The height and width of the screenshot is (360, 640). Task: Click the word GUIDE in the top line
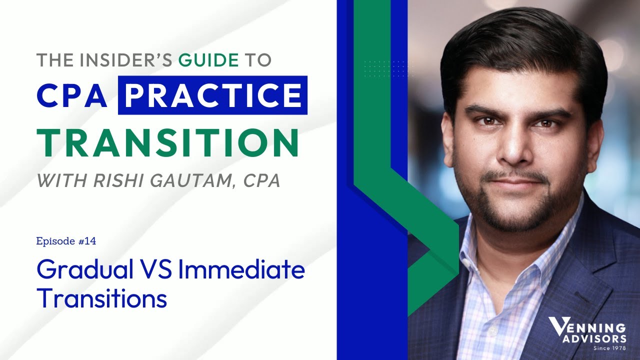click(209, 60)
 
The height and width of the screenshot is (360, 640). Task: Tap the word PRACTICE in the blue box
click(212, 95)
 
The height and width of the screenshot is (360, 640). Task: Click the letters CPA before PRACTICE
click(72, 95)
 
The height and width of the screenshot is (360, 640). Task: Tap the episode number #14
click(86, 241)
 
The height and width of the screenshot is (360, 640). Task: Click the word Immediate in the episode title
click(241, 270)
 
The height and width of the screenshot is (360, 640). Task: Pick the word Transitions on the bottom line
click(101, 298)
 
